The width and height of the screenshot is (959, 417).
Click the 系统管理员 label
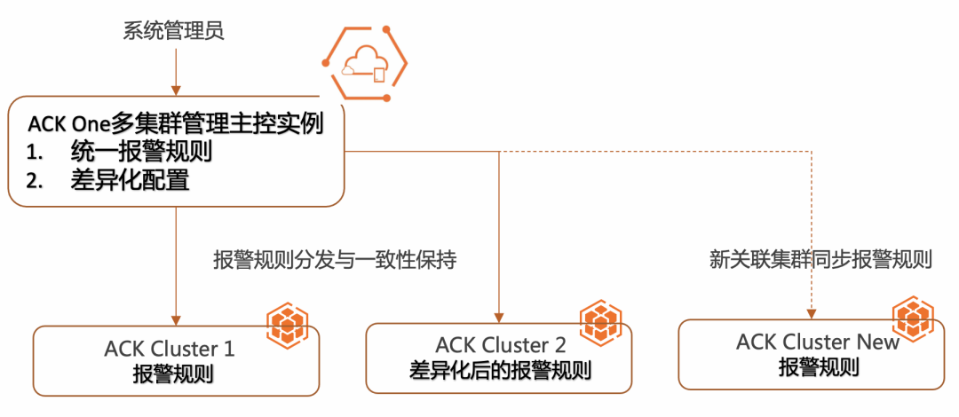click(x=174, y=31)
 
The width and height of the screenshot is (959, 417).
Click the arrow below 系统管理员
click(x=176, y=72)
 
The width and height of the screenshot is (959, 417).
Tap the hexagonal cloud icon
click(x=365, y=62)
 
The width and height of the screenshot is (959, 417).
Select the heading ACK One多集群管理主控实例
click(x=176, y=124)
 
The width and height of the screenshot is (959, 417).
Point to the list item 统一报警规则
click(x=140, y=153)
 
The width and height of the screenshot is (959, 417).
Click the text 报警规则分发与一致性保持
click(x=335, y=261)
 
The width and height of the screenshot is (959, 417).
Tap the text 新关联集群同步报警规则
click(x=820, y=260)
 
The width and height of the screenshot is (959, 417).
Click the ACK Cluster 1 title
click(x=170, y=349)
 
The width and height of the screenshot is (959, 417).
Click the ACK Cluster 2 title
click(x=501, y=345)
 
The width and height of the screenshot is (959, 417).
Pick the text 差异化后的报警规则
click(x=500, y=369)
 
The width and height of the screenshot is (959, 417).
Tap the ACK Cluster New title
click(x=819, y=342)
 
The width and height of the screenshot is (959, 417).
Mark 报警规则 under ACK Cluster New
click(x=820, y=366)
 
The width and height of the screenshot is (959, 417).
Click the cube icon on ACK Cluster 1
click(x=287, y=324)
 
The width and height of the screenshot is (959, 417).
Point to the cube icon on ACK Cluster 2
click(x=600, y=319)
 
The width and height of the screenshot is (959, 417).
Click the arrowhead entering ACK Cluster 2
click(x=500, y=318)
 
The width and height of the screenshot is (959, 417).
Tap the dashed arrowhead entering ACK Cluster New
click(x=811, y=314)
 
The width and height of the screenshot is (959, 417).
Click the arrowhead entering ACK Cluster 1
click(x=176, y=319)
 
